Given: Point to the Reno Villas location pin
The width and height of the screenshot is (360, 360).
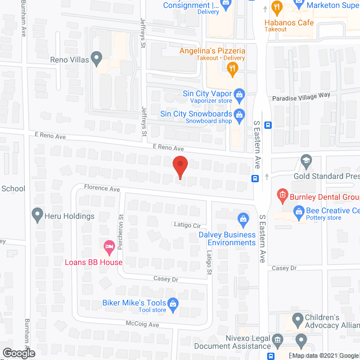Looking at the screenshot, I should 97,57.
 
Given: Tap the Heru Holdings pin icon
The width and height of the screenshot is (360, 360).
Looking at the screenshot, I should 38,214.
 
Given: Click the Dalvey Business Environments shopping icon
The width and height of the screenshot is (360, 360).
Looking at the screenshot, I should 243,218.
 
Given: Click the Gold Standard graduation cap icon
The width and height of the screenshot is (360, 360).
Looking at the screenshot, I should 306,160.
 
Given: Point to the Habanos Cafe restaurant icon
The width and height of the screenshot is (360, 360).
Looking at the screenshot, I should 276,8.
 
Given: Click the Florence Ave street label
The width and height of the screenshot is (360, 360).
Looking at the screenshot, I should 102,189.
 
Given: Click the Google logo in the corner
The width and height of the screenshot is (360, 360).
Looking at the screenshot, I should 18,353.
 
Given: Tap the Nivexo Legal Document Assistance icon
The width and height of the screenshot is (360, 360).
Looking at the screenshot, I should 277,340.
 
